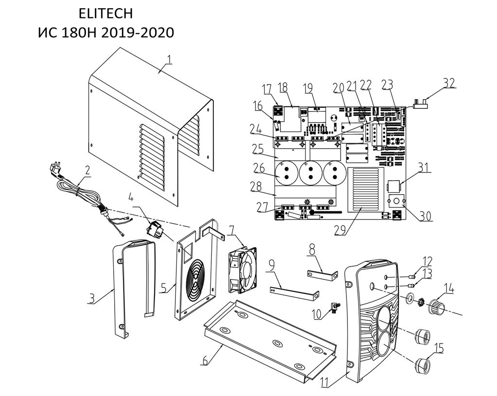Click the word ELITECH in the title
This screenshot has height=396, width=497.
(105, 13)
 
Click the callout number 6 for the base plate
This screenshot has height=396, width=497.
(205, 360)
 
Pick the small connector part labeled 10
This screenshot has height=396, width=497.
(335, 307)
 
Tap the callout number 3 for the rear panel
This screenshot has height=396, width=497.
(91, 298)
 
